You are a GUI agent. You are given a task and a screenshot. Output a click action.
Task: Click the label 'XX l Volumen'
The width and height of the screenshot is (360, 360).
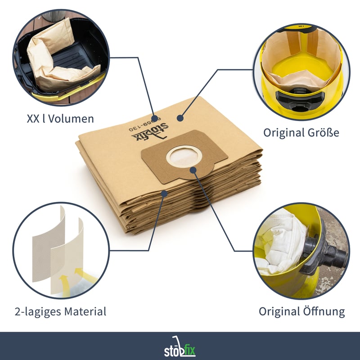[x=60, y=119]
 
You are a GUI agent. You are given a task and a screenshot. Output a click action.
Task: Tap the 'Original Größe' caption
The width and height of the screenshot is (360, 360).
[x=301, y=132]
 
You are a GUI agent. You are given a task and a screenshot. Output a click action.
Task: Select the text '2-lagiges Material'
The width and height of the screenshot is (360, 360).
[x=60, y=311]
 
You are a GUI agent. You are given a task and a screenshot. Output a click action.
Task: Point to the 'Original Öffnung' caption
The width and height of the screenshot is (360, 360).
[x=301, y=311]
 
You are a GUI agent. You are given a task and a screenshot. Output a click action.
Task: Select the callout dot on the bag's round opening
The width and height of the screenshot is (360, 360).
[x=193, y=170]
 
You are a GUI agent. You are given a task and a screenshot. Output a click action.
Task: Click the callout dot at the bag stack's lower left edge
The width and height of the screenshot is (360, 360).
[x=164, y=194]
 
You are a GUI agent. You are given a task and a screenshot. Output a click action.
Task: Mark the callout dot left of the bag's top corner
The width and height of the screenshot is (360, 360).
[x=180, y=118]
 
